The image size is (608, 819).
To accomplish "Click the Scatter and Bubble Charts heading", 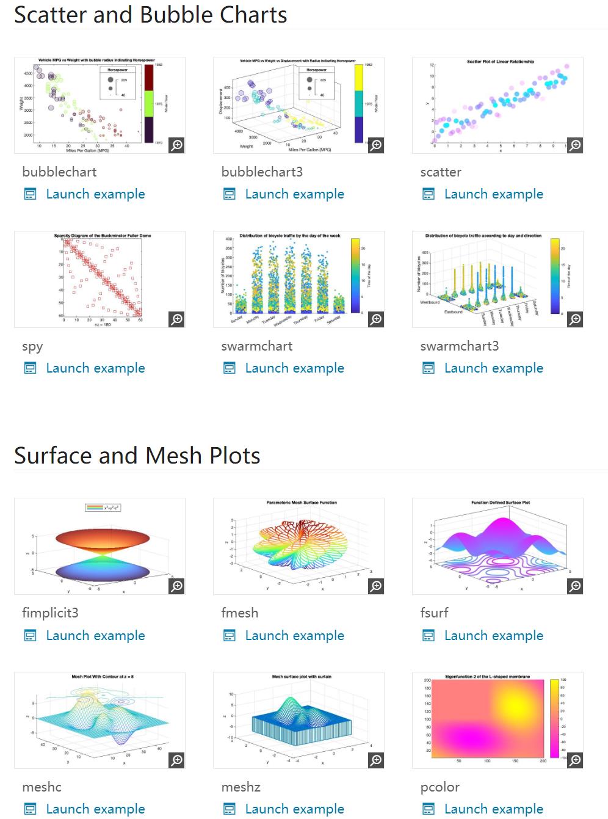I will (x=150, y=15).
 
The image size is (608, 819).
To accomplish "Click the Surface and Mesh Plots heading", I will (x=137, y=456).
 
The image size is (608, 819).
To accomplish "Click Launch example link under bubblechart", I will (x=95, y=194).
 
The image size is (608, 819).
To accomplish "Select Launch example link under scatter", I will (x=493, y=194).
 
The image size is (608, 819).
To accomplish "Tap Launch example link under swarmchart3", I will (x=493, y=368).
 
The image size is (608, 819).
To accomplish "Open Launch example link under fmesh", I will (x=294, y=636).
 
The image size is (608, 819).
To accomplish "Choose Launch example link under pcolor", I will (x=493, y=809).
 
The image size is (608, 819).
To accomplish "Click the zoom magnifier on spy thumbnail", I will (x=176, y=319).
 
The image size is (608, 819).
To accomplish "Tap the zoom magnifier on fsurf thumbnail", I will (x=575, y=586).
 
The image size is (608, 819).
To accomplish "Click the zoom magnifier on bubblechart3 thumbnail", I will (x=376, y=145).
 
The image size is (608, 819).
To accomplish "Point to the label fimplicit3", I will (x=50, y=613).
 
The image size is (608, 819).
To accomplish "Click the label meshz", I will (x=241, y=787).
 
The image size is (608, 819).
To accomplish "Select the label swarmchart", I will (x=256, y=346).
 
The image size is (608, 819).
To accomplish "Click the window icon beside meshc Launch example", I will (x=30, y=809).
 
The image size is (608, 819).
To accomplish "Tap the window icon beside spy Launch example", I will (x=30, y=368).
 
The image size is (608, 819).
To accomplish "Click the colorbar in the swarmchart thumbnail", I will (x=355, y=275).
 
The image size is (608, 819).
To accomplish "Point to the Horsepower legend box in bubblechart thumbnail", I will (x=117, y=83).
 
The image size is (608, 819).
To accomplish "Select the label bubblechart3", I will (x=262, y=172).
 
